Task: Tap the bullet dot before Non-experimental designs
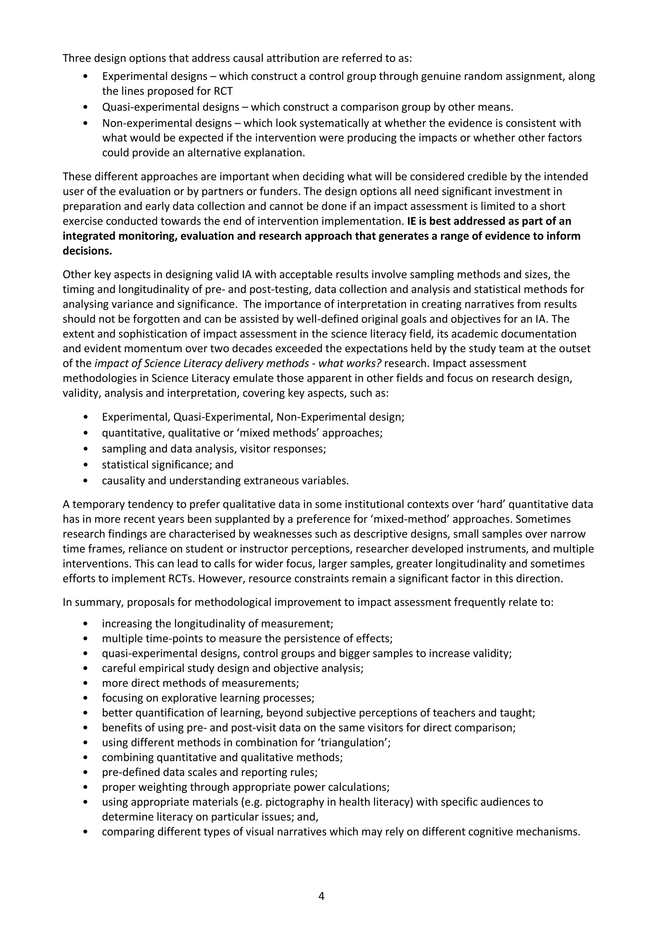[85, 123]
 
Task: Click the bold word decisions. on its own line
[87, 251]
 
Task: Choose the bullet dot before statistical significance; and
[85, 465]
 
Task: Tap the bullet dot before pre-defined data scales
[85, 772]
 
